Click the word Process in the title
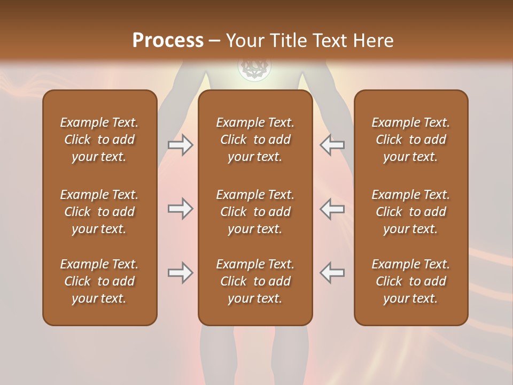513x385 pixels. click(x=168, y=41)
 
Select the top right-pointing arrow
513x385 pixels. click(x=180, y=145)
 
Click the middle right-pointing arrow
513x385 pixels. click(x=180, y=209)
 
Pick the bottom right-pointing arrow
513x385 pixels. click(x=180, y=273)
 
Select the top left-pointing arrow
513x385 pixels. click(x=332, y=145)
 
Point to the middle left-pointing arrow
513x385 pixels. click(x=332, y=209)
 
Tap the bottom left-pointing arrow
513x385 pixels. click(x=332, y=273)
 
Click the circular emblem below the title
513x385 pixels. click(x=254, y=68)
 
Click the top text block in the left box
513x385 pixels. click(x=99, y=140)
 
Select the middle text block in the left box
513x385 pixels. click(x=99, y=212)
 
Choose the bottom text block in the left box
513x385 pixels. click(x=99, y=281)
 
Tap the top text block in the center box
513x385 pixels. click(x=255, y=140)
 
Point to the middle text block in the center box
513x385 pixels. click(x=255, y=212)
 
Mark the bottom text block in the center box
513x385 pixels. click(x=255, y=281)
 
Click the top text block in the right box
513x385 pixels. click(x=410, y=140)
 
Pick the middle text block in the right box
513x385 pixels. click(x=410, y=212)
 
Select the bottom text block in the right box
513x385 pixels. click(x=410, y=281)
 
